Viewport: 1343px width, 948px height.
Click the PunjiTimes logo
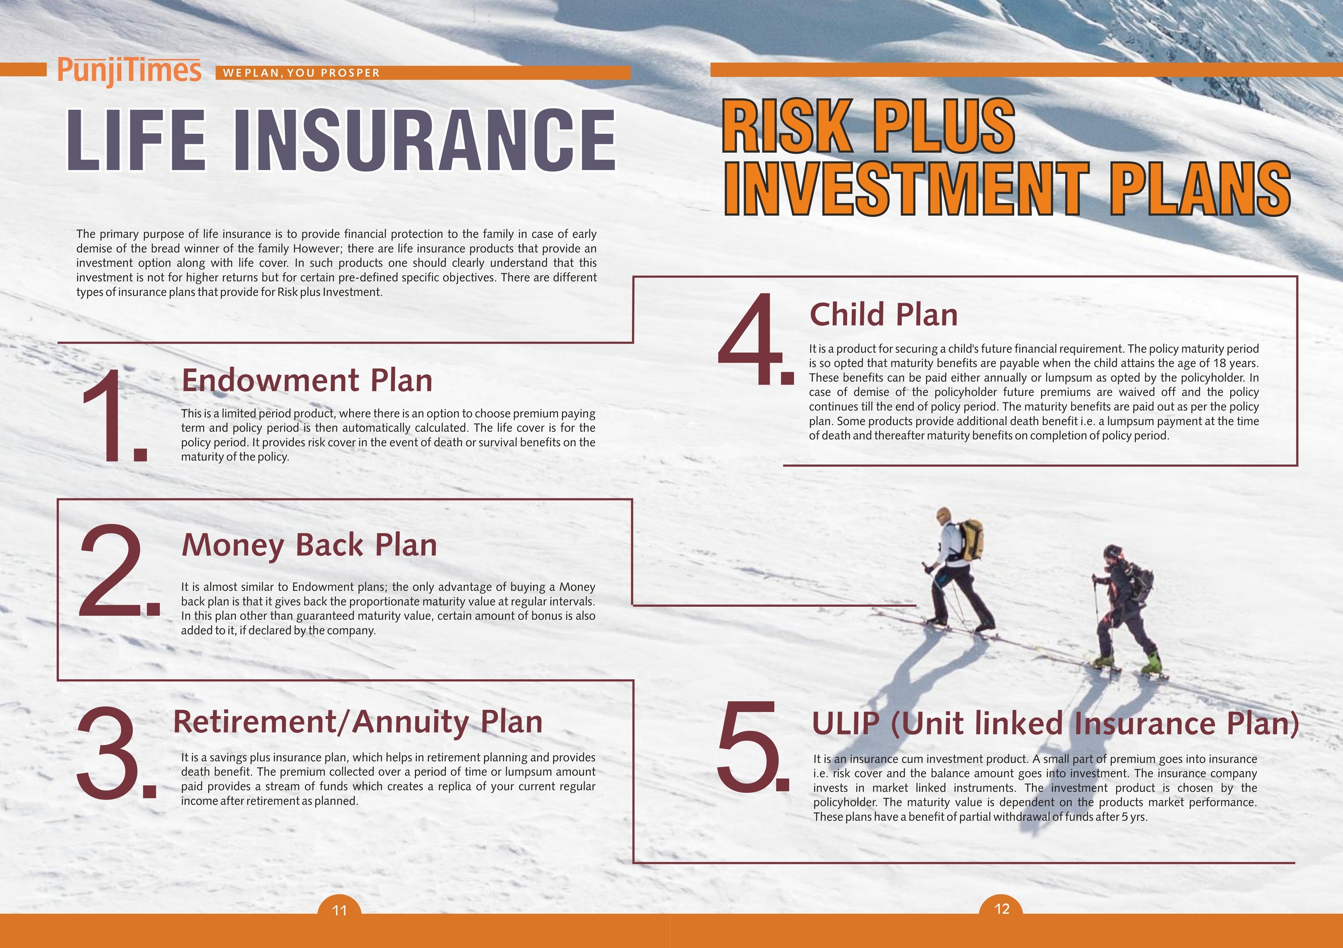(129, 72)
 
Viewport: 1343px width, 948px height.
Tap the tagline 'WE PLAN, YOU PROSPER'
(302, 73)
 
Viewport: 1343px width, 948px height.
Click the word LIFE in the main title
(136, 140)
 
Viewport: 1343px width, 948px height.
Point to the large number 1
(115, 416)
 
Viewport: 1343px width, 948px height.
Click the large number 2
(119, 570)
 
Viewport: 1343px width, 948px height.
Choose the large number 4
(755, 340)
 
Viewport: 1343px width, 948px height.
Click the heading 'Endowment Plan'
(307, 380)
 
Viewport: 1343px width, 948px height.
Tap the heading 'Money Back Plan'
(309, 545)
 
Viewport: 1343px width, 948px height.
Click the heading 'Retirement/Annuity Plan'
(358, 722)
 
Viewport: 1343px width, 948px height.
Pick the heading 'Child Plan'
(883, 315)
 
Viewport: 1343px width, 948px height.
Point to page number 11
(339, 910)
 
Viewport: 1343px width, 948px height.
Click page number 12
(1002, 909)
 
